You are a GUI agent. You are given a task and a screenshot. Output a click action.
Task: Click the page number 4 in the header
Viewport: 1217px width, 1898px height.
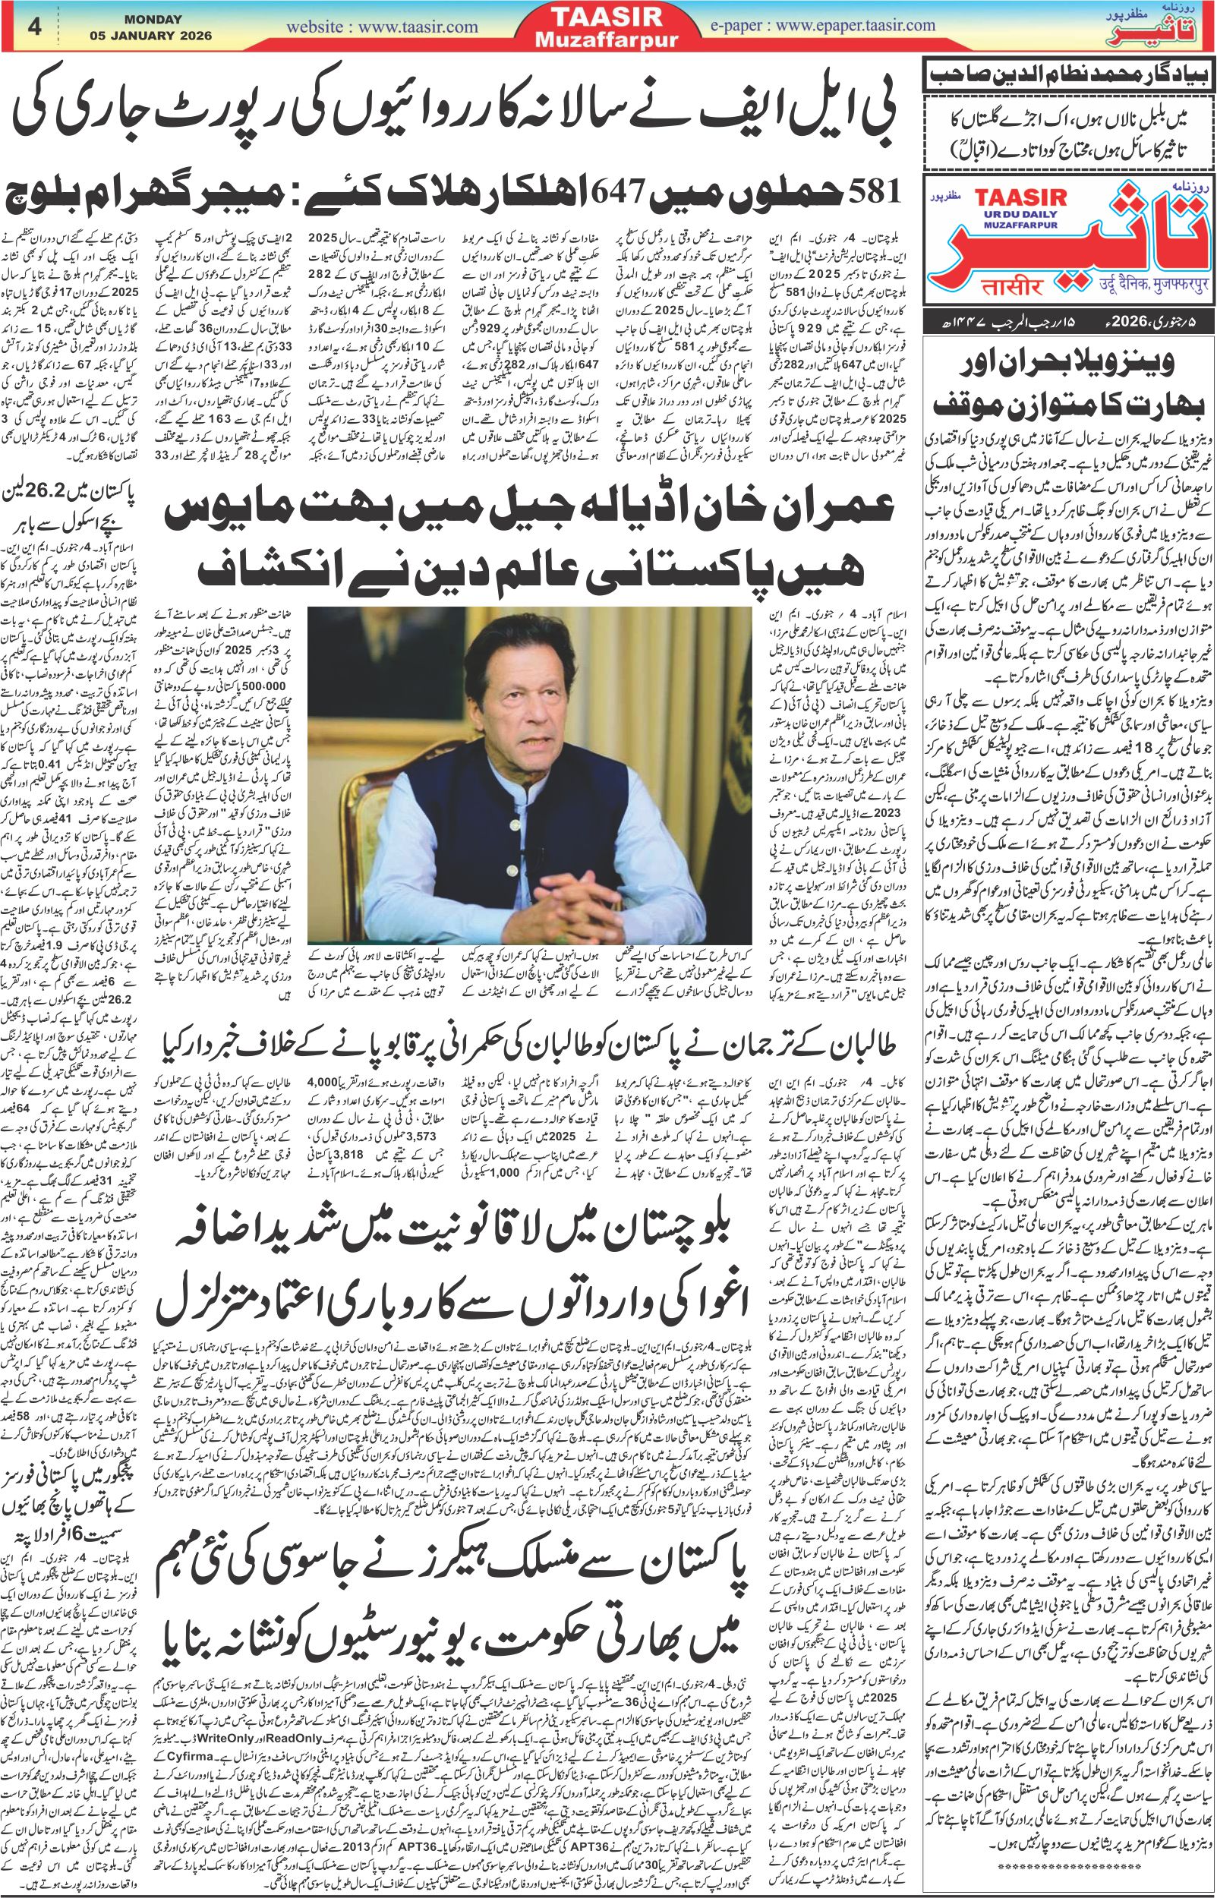[x=36, y=25]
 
